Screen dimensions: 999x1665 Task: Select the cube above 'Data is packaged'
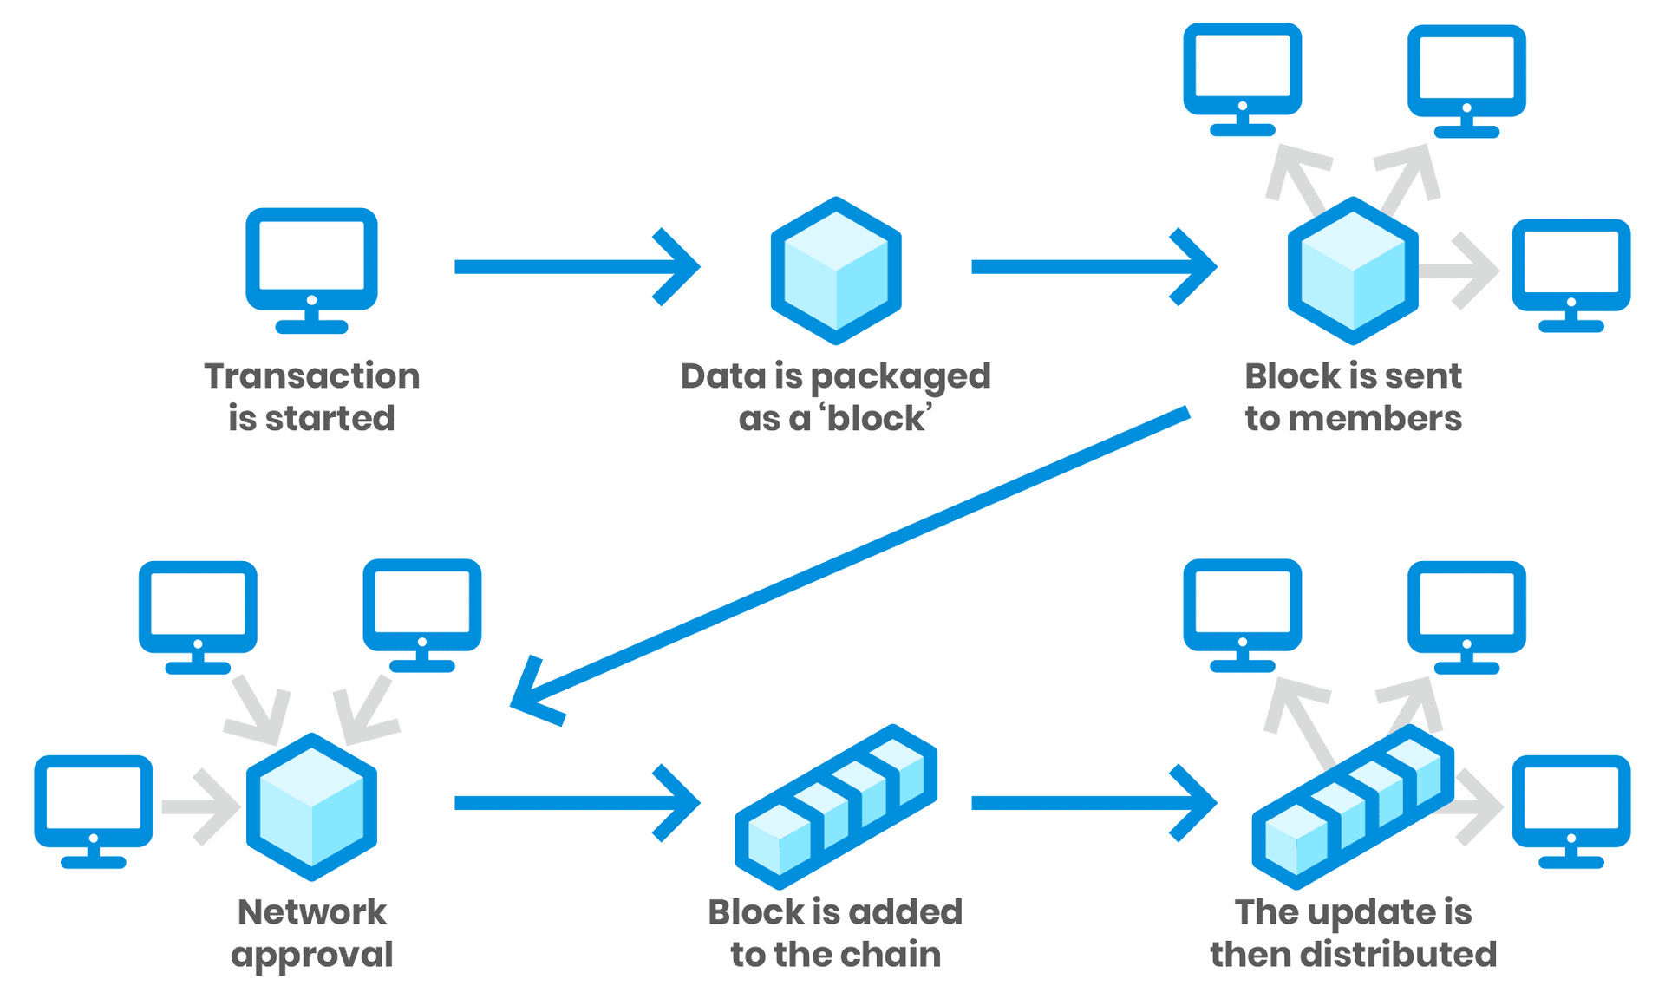coord(835,271)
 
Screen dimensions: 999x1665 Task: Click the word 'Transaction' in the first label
coord(311,376)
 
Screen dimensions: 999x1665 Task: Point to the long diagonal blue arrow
coord(850,559)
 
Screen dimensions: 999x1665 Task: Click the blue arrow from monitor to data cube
coord(576,266)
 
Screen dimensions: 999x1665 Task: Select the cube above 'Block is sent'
coord(1352,271)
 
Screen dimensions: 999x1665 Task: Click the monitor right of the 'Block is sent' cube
coord(1570,274)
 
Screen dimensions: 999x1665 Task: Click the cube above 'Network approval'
coord(311,806)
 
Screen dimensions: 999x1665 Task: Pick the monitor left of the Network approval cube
coord(94,810)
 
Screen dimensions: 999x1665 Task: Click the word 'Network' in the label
coord(311,912)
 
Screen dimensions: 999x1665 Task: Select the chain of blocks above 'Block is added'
coord(835,806)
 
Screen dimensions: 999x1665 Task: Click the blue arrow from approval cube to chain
coord(576,803)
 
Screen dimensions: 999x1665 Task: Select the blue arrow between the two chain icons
coord(1093,803)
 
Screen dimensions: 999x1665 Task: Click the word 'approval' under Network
coord(311,956)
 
